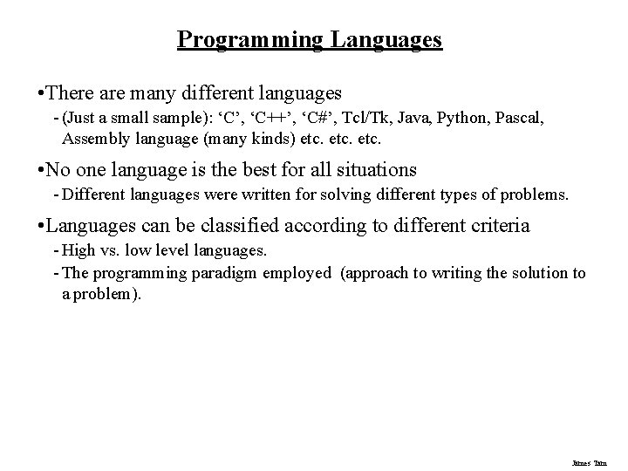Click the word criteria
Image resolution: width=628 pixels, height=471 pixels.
(x=496, y=226)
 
